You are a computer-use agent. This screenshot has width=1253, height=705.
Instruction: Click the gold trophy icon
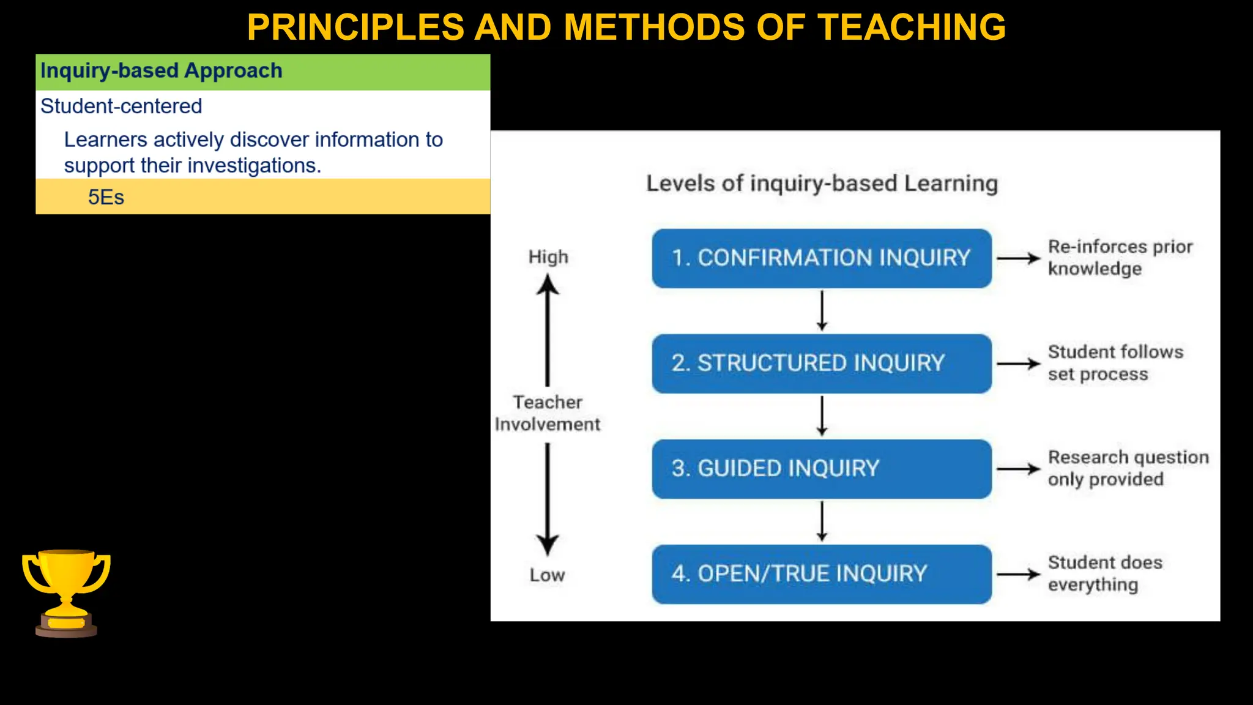[x=66, y=592]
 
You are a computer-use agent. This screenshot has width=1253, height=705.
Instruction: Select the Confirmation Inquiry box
[x=821, y=258]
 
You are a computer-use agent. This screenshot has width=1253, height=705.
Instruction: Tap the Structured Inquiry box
[x=821, y=364]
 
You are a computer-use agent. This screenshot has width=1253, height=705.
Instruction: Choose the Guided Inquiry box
[x=821, y=469]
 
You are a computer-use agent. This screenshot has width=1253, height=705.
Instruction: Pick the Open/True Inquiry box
[x=821, y=574]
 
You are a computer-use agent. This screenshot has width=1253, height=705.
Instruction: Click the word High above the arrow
[x=548, y=257]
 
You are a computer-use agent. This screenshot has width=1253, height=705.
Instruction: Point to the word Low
[x=547, y=575]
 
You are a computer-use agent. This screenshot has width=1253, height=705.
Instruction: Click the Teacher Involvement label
[x=548, y=413]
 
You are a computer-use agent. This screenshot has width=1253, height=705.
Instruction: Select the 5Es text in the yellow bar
[x=106, y=197]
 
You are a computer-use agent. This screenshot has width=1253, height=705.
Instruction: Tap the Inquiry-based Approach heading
[x=161, y=71]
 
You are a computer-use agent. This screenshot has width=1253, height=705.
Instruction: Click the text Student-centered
[x=121, y=106]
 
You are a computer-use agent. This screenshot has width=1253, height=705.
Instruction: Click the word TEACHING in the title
[x=912, y=27]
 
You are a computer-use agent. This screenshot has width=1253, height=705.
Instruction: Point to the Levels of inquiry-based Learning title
[x=822, y=184]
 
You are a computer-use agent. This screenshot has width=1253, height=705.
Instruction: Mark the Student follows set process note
[x=1115, y=363]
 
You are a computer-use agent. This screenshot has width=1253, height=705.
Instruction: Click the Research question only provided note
[x=1127, y=468]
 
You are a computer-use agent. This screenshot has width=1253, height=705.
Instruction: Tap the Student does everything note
[x=1104, y=573]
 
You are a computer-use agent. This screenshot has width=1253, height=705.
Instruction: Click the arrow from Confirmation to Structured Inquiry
[x=822, y=311]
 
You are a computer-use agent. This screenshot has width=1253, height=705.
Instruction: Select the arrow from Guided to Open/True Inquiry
[x=822, y=521]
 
